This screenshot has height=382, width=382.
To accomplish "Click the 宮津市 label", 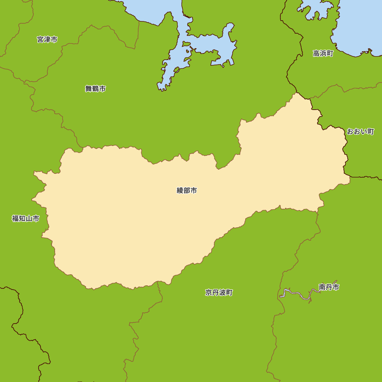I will [x=47, y=39].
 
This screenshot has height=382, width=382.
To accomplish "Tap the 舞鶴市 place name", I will [x=95, y=89].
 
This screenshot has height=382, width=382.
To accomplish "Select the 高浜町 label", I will [x=323, y=53].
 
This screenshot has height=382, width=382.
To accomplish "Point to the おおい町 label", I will [x=360, y=131].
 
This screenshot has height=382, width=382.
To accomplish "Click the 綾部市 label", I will [x=187, y=190].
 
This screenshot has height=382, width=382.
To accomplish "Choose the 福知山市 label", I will [x=26, y=219].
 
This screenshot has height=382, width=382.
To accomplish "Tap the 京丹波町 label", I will [x=219, y=293].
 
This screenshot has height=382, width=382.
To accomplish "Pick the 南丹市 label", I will [x=329, y=287].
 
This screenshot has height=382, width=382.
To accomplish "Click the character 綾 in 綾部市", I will [x=180, y=190].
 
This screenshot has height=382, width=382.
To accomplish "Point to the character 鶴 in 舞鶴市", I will [x=95, y=89].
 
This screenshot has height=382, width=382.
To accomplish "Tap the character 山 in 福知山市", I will [x=29, y=219].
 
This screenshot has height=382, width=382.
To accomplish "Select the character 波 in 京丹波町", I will [x=222, y=293].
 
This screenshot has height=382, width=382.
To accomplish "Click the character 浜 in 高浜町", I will [x=323, y=53].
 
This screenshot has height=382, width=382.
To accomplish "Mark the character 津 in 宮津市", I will [x=47, y=39].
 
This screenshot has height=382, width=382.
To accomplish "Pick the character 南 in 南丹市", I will [x=322, y=287].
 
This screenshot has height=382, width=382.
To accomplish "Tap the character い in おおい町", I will [x=364, y=131].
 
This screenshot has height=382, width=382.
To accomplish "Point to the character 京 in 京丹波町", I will [x=209, y=293].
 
